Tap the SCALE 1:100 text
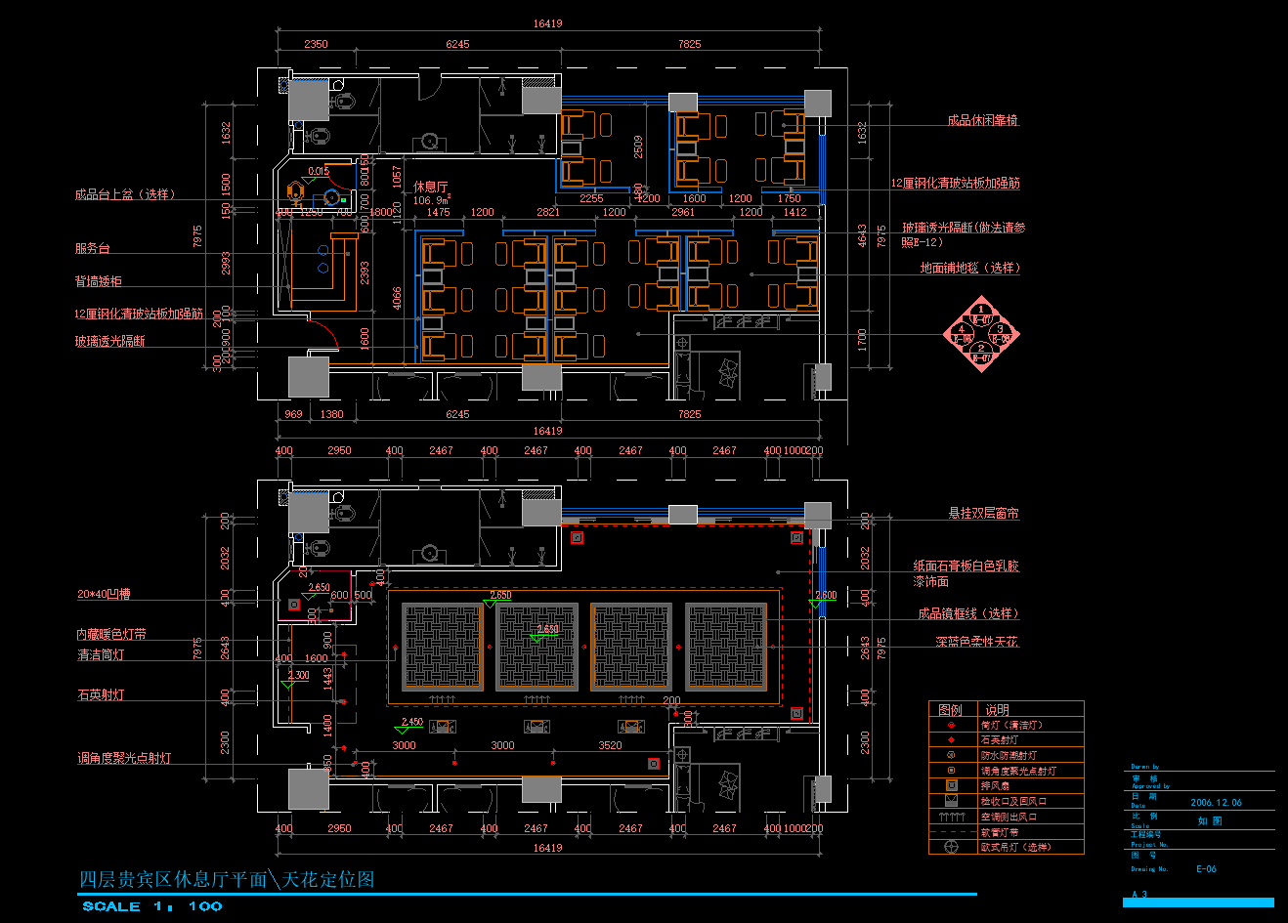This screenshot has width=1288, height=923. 151,906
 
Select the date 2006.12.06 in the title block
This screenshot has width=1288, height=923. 1216,803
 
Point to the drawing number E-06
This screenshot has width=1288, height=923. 1206,868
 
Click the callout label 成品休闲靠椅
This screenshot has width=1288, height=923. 982,120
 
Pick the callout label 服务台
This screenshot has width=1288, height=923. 92,248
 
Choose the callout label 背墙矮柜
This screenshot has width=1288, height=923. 98,281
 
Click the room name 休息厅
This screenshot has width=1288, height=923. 430,187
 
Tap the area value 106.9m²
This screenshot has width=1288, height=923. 431,200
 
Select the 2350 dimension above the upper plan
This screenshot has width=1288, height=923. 316,44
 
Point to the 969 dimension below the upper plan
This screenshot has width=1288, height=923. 293,414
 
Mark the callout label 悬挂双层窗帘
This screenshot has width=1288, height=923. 983,513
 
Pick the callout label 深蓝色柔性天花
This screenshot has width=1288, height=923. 976,642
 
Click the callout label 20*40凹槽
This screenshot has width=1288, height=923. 104,594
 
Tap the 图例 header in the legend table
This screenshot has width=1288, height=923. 950,710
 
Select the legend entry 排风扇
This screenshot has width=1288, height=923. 995,785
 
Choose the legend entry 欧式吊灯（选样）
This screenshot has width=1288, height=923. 1015,847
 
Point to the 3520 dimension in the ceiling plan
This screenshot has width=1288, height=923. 610,745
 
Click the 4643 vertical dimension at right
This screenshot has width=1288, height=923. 863,235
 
